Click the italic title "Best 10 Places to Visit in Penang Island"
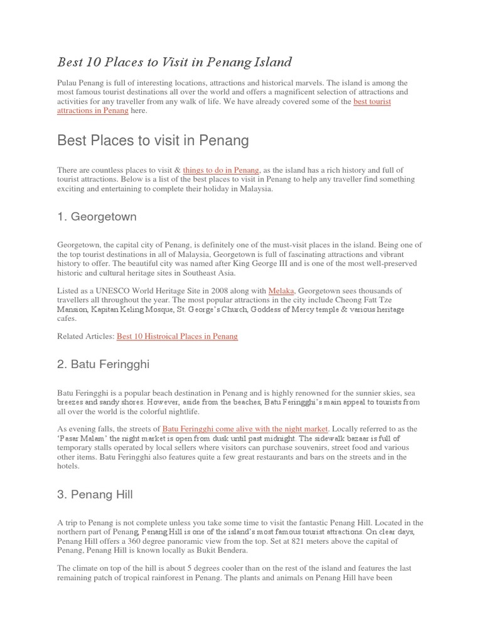tap(174, 62)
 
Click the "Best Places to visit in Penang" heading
tap(153, 140)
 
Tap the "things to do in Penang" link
tap(221, 170)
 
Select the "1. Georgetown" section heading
tap(97, 217)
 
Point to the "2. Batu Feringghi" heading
tap(103, 364)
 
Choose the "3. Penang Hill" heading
tap(95, 495)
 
